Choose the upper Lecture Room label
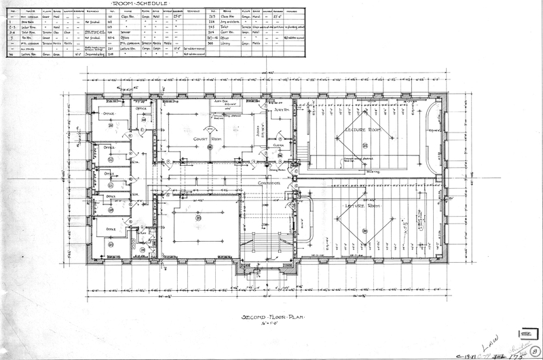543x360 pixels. coord(365,129)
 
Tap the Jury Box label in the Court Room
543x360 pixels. coord(223,101)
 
